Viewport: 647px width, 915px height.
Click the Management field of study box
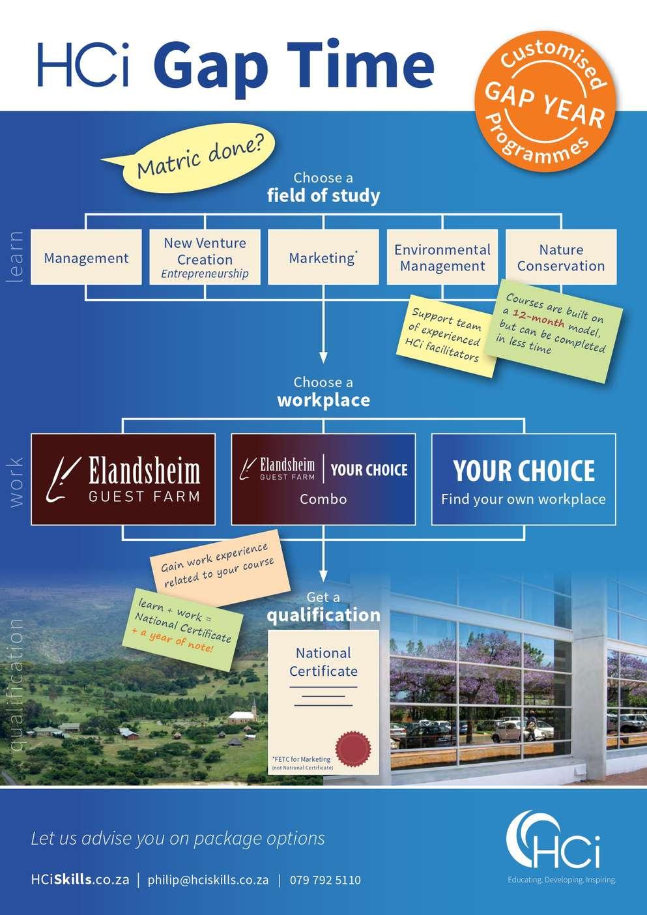(86, 257)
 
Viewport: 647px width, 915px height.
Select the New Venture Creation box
(205, 257)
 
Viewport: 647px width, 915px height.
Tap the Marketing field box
(323, 257)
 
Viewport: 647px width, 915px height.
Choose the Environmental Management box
(442, 257)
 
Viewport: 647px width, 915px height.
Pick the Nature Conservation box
(561, 257)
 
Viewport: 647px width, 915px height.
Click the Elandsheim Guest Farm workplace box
(123, 479)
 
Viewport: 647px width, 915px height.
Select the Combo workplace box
(323, 479)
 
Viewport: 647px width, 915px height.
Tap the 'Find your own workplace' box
(523, 479)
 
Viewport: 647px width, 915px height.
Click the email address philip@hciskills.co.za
(208, 880)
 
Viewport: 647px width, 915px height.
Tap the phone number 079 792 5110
(325, 880)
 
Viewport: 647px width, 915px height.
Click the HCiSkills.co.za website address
(80, 880)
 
